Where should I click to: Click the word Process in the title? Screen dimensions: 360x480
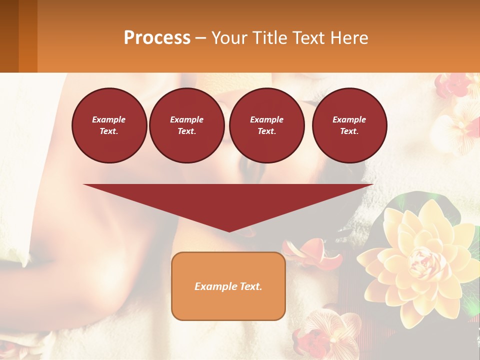coord(157,37)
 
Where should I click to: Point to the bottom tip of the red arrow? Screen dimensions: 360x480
coord(229,231)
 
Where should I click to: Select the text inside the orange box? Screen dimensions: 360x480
coord(228,286)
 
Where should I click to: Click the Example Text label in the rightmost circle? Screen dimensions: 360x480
coord(349,125)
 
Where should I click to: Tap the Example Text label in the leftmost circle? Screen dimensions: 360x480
coord(109,125)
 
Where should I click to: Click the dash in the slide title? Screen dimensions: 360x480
coord(201,38)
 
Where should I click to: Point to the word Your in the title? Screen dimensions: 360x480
coord(229,37)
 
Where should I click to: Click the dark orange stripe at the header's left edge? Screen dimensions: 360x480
coord(27,36)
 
